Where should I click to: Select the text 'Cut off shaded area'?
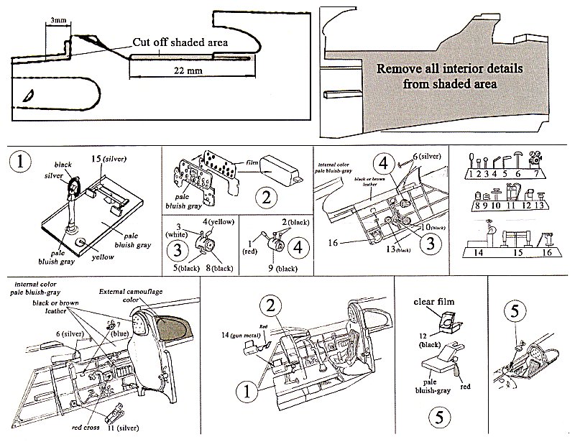[x=180, y=42]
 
